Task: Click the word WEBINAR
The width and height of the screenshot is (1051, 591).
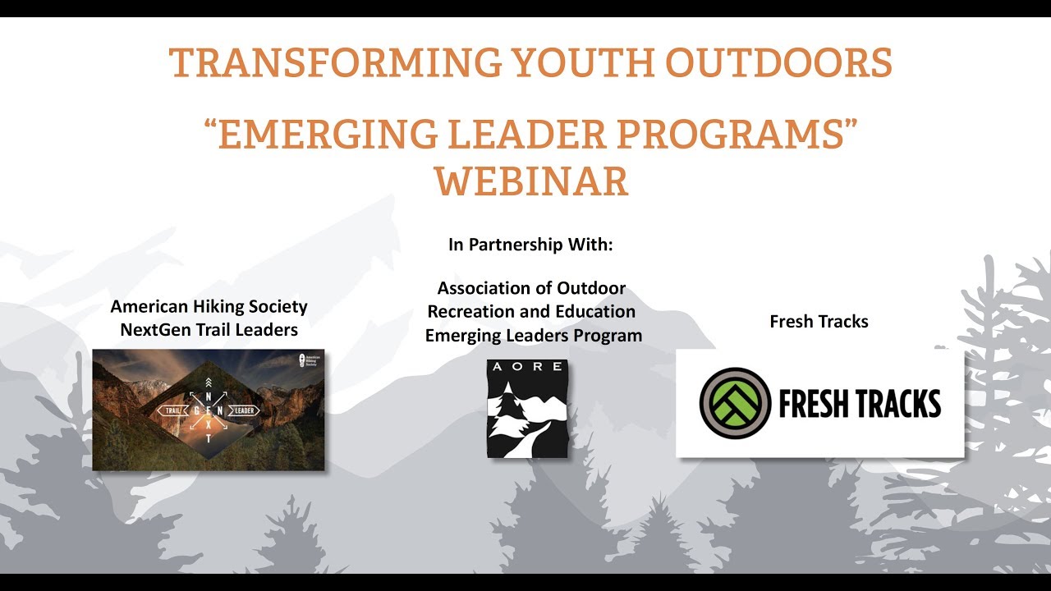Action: click(531, 181)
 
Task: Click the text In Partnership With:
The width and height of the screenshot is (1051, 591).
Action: click(530, 245)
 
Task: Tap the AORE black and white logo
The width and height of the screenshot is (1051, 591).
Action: click(527, 408)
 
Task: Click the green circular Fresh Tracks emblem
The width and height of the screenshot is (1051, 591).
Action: click(735, 403)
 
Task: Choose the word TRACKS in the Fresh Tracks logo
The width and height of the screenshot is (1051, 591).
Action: click(898, 404)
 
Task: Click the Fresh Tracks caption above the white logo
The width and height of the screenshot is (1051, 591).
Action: click(819, 322)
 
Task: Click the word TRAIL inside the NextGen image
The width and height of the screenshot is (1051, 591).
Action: click(172, 410)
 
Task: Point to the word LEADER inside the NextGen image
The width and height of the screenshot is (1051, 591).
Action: click(244, 410)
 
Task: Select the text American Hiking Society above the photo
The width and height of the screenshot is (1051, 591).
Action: click(209, 307)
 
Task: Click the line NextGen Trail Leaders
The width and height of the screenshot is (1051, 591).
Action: click(209, 330)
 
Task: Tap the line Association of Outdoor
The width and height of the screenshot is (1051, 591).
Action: click(531, 289)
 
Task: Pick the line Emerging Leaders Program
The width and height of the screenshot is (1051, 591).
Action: click(533, 336)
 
